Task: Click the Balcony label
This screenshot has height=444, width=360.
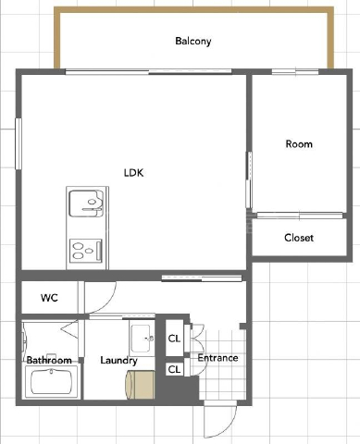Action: click(193, 42)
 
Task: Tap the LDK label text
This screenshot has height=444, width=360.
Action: click(133, 173)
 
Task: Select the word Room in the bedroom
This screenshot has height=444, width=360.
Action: click(299, 144)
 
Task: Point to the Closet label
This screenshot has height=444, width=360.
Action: click(299, 238)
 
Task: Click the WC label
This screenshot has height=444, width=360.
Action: click(49, 298)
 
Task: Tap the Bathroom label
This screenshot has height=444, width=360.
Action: click(49, 360)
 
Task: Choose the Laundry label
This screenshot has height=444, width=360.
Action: click(118, 361)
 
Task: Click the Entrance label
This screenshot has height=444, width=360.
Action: click(217, 358)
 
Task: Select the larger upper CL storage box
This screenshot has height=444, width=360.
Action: click(175, 339)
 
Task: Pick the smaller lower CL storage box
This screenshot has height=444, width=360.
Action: click(175, 369)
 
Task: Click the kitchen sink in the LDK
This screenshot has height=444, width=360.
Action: click(86, 203)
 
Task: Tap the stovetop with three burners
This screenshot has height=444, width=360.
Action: click(86, 251)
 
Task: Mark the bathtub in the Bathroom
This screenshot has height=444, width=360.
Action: click(52, 381)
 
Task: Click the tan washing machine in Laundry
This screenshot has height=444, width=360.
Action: click(140, 385)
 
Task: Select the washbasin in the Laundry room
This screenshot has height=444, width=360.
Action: click(142, 339)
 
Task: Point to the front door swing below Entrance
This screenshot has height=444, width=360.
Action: click(221, 420)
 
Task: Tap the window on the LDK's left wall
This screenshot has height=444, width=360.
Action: click(19, 143)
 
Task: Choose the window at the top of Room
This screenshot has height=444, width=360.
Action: click(295, 72)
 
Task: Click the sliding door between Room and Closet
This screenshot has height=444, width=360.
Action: click(300, 215)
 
